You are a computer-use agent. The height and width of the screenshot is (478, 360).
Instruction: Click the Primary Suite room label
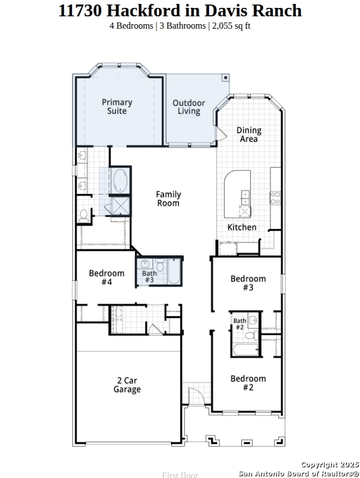coord(117,106)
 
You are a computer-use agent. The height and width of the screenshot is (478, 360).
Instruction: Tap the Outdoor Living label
coord(189,107)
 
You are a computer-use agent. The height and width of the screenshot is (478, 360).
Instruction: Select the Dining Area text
coord(249,134)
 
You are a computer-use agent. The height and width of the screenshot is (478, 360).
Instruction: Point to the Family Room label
coord(169,199)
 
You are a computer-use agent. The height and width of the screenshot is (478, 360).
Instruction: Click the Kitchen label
coord(242,227)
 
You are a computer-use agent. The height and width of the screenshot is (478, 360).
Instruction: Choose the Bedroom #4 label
coord(107,277)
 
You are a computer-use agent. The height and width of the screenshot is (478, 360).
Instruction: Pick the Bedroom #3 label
coord(248,283)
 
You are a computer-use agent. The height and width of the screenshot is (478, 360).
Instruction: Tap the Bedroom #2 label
coord(248,383)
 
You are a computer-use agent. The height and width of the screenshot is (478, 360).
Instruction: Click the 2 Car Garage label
coord(127,385)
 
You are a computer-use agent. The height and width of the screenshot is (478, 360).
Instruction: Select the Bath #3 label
coord(150,277)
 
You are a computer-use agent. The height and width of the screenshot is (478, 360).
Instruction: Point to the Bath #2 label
coord(240,324)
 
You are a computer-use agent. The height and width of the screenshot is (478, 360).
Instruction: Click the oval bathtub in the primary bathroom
coord(120,181)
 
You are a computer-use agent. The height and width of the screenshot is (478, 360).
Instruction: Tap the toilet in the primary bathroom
coord(83,215)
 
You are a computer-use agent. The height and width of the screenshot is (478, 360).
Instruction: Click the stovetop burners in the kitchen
coord(275,197)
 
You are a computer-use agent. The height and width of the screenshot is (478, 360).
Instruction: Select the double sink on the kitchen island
coord(245,197)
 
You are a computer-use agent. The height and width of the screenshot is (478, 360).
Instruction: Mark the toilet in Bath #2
coord(251,336)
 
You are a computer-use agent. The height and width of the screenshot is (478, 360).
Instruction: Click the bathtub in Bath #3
coord(174,271)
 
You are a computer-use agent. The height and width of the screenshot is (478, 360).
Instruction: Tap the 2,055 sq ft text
coord(231,26)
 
